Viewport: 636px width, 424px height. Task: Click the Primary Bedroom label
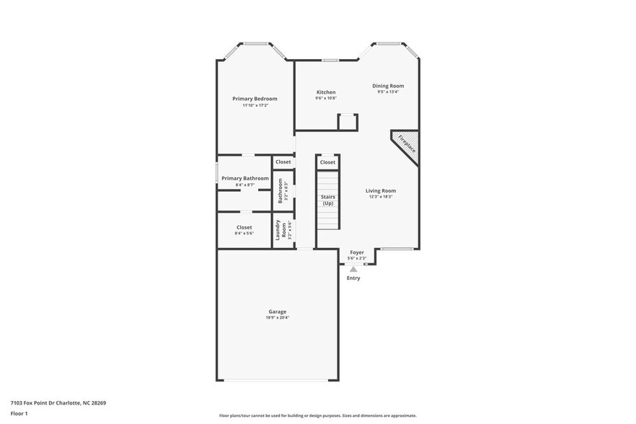coord(255,99)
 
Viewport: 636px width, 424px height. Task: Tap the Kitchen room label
coord(326,92)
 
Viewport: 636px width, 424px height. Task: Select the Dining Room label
coord(387,86)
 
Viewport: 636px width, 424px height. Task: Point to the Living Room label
coord(381,191)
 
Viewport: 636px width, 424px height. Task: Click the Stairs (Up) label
coord(328,200)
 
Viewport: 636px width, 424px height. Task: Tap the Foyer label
coord(356,252)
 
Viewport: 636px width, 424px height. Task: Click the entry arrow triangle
coord(353,269)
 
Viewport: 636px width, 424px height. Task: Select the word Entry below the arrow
coord(353,278)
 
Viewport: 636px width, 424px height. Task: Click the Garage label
coord(278,312)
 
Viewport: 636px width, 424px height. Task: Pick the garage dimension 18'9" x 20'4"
coord(278,318)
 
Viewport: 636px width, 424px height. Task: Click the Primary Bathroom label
coord(245,178)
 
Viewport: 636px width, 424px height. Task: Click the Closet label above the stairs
coord(327,162)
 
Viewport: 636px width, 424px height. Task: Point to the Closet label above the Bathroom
coord(283,162)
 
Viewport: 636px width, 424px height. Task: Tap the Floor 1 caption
coord(19,414)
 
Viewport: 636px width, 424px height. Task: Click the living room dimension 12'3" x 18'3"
coord(381,197)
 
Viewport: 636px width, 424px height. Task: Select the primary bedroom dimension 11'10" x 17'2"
coord(255,105)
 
